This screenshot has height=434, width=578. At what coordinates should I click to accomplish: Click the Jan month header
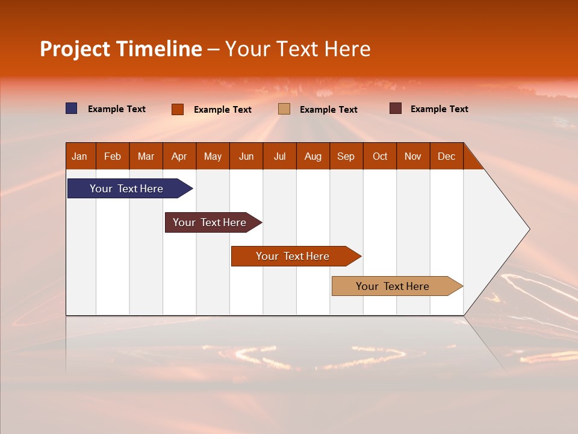[x=79, y=156]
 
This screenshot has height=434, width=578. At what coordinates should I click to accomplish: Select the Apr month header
[x=179, y=156]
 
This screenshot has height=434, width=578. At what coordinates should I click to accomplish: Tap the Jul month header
[x=279, y=156]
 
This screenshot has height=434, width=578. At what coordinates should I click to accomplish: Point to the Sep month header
[x=346, y=156]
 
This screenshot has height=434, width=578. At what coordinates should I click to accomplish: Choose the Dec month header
[x=446, y=156]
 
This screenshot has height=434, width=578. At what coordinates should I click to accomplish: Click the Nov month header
[x=412, y=156]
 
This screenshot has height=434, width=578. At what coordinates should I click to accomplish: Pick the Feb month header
[x=113, y=156]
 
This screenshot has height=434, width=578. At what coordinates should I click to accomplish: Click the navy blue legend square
[x=72, y=108]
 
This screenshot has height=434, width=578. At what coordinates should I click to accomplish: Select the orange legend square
[x=178, y=109]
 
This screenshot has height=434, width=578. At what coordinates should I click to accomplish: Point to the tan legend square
[x=284, y=109]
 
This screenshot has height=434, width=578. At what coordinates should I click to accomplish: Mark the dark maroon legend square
[x=396, y=108]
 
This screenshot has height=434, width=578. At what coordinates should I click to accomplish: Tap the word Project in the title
[x=74, y=49]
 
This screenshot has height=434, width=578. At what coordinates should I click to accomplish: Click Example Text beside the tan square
[x=328, y=110]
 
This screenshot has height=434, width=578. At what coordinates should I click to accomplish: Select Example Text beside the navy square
[x=117, y=109]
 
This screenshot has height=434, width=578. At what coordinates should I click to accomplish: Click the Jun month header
[x=246, y=156]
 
